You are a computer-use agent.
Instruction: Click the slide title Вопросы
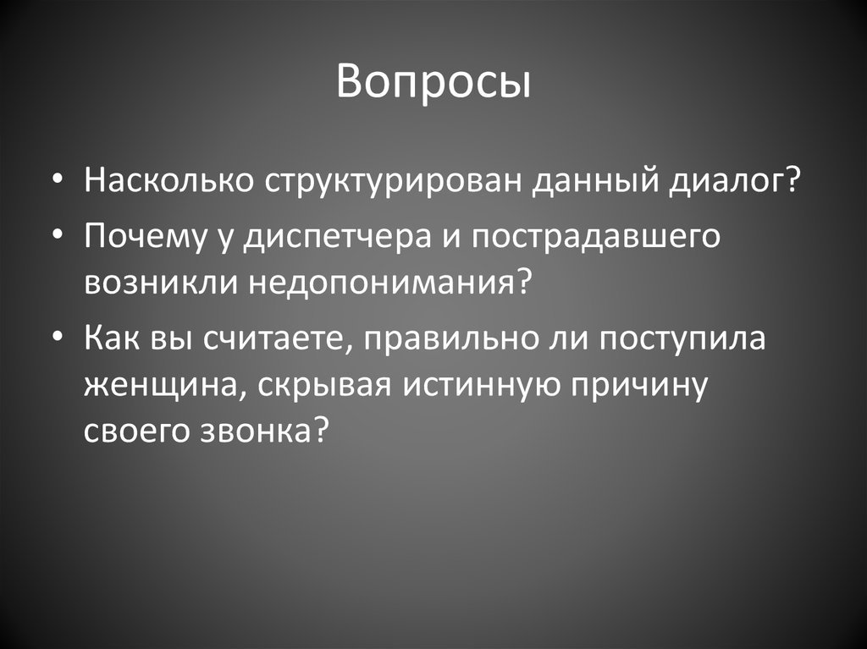click(x=433, y=83)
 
